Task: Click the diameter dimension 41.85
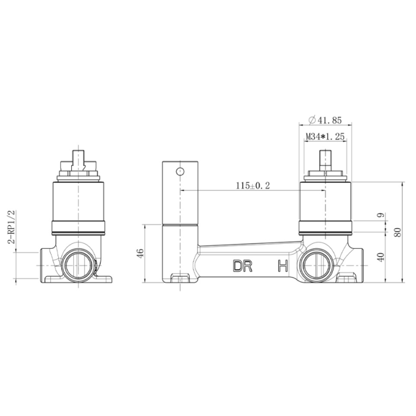(325, 121)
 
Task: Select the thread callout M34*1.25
(325, 136)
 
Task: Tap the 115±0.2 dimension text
(253, 185)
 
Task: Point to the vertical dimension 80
(397, 232)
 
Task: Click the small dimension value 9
(381, 215)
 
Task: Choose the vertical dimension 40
(381, 257)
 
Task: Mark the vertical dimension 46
(141, 253)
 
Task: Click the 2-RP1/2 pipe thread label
(12, 227)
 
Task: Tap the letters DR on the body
(243, 266)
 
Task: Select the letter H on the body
(283, 266)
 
